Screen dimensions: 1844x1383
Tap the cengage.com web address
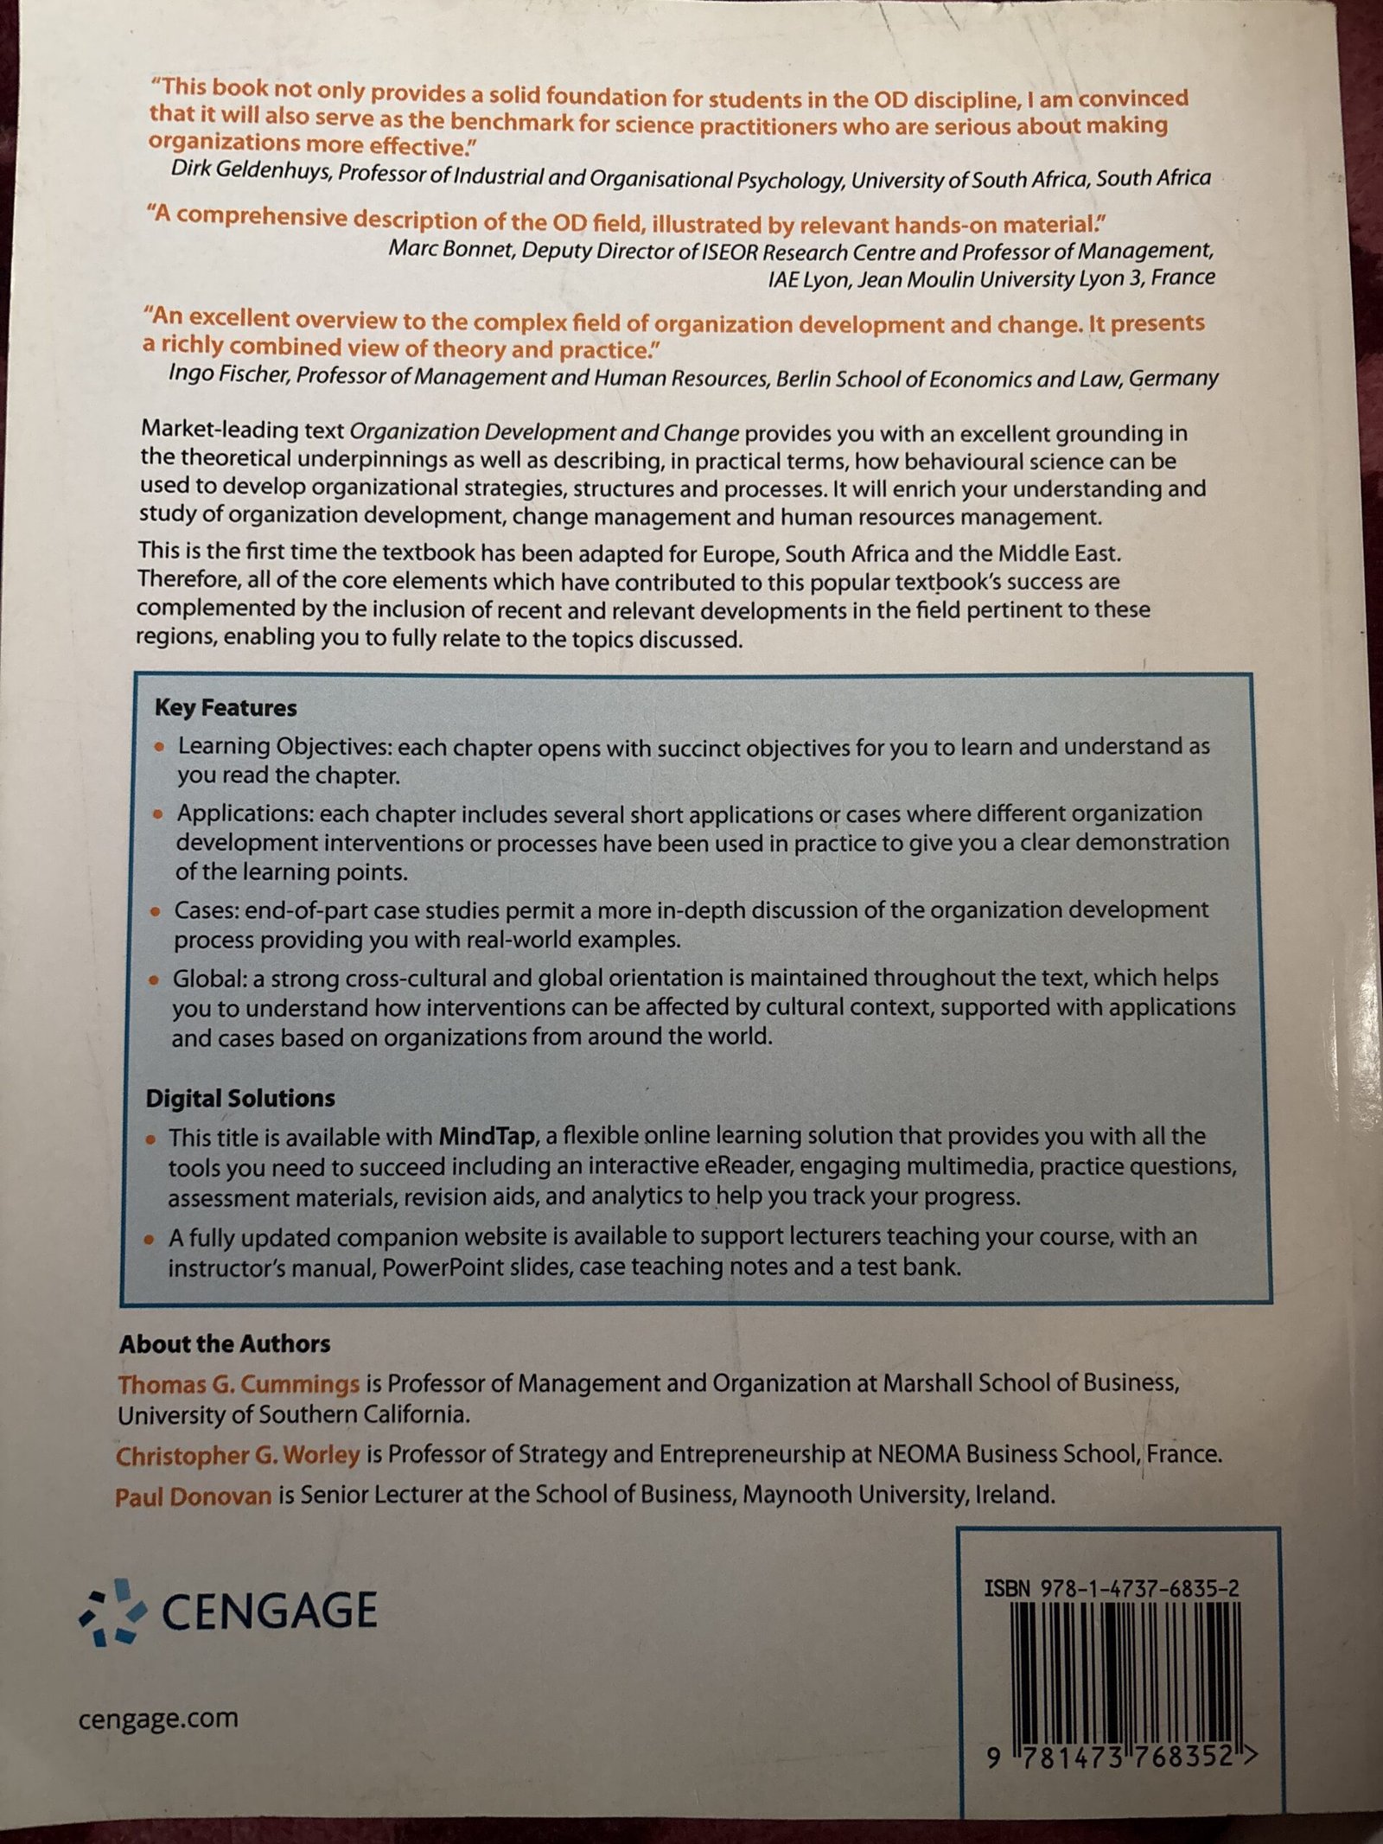158,1718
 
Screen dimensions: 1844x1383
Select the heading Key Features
226,708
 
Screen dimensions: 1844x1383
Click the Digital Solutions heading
240,1098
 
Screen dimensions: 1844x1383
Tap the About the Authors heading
225,1343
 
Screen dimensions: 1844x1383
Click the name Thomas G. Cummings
239,1384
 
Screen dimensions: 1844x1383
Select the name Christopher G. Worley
238,1455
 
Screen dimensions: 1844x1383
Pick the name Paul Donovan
194,1496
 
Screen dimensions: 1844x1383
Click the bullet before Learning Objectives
159,748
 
